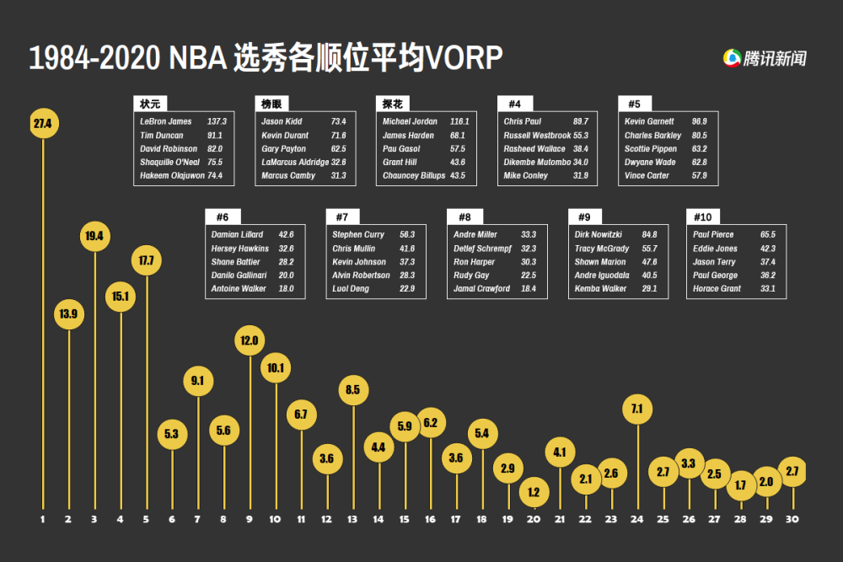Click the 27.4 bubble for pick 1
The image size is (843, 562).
(43, 124)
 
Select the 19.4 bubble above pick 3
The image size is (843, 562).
(94, 236)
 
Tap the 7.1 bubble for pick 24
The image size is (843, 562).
(636, 409)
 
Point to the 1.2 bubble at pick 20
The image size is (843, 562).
(533, 492)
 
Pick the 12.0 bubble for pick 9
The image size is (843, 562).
(250, 340)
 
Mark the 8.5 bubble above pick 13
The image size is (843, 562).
(353, 390)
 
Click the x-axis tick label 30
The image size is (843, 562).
(792, 519)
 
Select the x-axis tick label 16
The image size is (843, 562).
(430, 519)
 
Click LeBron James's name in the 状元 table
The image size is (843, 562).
(166, 121)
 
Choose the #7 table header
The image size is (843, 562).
(342, 217)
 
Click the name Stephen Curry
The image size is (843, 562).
(358, 234)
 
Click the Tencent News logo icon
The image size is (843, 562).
(732, 58)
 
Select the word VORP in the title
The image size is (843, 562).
(464, 58)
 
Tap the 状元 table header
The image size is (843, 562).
(150, 104)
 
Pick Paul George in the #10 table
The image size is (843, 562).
(715, 276)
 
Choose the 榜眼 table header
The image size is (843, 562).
(271, 104)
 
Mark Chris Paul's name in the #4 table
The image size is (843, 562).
(523, 121)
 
